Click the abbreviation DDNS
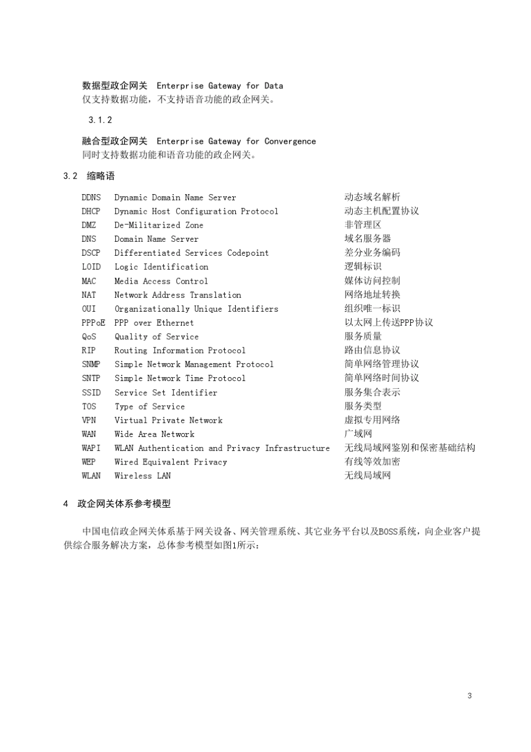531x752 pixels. (x=91, y=198)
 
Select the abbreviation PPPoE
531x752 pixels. (x=93, y=323)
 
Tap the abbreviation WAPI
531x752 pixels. (x=91, y=448)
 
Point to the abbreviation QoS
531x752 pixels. (x=89, y=337)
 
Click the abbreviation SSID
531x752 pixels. (x=91, y=393)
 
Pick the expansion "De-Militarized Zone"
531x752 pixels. (x=159, y=225)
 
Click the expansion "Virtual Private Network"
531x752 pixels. (x=168, y=420)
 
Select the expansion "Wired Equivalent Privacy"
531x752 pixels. (x=170, y=462)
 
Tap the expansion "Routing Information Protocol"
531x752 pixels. (x=180, y=351)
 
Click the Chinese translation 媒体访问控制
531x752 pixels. (x=372, y=281)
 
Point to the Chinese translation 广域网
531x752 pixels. (x=358, y=434)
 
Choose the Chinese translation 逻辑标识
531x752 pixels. (x=363, y=267)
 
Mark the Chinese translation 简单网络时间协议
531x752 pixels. (x=382, y=378)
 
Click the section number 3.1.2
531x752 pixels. (x=100, y=120)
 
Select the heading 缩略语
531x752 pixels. (x=101, y=176)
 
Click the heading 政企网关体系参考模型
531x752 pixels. (x=124, y=504)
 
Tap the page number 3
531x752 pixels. (x=470, y=696)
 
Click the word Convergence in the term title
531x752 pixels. (x=290, y=142)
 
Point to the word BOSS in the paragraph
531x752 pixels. (x=388, y=532)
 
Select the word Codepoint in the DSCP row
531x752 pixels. (x=248, y=253)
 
